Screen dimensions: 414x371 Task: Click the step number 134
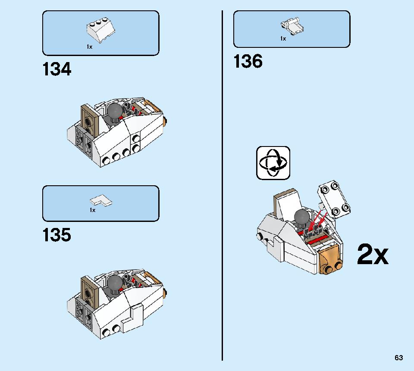[57, 69]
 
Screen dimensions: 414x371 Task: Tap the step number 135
[57, 235]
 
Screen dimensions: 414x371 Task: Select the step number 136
[248, 61]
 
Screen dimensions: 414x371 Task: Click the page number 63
[398, 358]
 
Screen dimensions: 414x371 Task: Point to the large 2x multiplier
[373, 254]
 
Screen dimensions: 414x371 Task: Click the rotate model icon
[273, 163]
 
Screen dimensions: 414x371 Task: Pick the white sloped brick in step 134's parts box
[100, 30]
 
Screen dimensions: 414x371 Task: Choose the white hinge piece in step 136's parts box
[292, 26]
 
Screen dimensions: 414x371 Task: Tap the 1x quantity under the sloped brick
[90, 47]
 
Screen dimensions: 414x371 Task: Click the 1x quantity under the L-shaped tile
[92, 210]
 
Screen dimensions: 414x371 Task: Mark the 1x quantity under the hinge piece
[283, 38]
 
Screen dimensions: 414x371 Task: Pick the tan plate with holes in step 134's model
[90, 119]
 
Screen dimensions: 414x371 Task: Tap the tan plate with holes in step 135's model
[90, 291]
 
